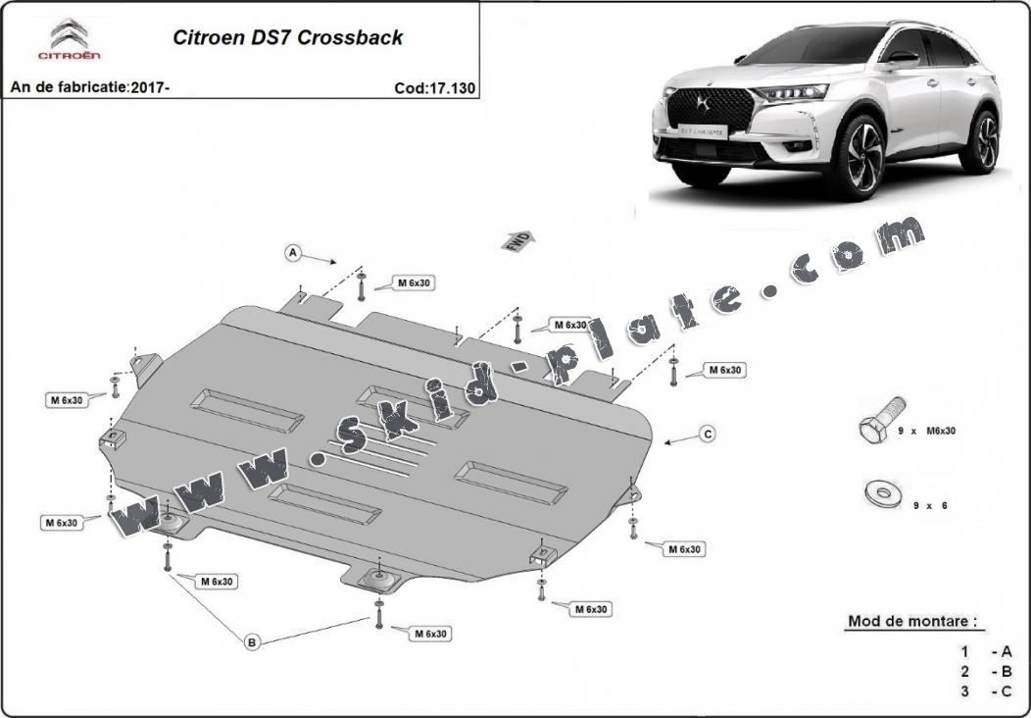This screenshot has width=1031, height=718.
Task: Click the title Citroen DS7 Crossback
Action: pos(287,38)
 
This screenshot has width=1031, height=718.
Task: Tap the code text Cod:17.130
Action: pos(434,87)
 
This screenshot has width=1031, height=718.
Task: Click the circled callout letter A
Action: pos(292,253)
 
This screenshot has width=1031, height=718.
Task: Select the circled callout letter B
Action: pos(252,642)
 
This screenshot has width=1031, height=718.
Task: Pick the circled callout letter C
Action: pos(707,433)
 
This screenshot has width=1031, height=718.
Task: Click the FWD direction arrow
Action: pos(519,239)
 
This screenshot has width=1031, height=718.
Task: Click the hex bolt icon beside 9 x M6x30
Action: pos(880,422)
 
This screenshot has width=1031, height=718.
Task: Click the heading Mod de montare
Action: pos(911,622)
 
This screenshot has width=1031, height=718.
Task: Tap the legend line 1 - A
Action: pos(986,651)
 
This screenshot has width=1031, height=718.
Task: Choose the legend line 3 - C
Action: pos(986,692)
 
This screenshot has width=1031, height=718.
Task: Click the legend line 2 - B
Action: pos(986,672)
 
